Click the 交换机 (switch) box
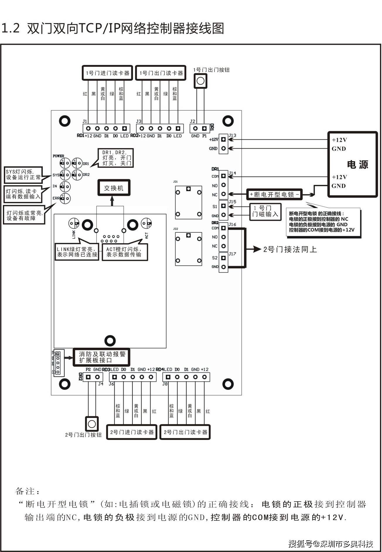(114, 188)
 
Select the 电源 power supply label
(357, 164)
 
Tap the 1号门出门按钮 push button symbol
(200, 81)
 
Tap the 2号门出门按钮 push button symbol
(92, 424)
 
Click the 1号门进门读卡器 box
(107, 73)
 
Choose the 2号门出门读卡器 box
(185, 432)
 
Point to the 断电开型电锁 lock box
(274, 194)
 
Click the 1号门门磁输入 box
(265, 211)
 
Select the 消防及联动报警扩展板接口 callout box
(101, 357)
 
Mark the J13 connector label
(232, 136)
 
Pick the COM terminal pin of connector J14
(224, 176)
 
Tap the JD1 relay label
(175, 182)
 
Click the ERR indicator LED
(65, 198)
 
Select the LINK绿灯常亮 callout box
(77, 252)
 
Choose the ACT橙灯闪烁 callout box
(125, 252)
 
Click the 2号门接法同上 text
(290, 249)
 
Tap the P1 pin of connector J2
(204, 128)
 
